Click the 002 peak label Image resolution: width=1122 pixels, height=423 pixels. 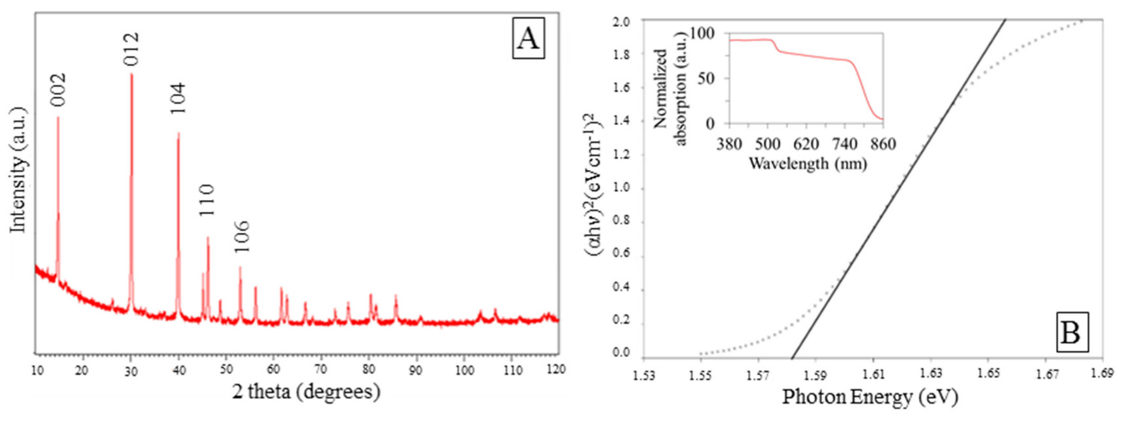coord(58,89)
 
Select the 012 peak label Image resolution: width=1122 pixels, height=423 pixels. coord(131,49)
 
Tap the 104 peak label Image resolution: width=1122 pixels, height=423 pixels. coord(178,99)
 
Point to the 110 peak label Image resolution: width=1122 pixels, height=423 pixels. coord(207,200)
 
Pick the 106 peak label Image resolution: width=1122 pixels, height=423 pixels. coord(241,237)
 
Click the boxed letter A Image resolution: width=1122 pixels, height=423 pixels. coord(528,39)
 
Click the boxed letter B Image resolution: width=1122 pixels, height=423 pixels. coord(1072,332)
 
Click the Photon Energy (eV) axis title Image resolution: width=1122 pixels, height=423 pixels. coord(870,397)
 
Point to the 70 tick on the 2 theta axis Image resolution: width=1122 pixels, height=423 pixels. coord(321,370)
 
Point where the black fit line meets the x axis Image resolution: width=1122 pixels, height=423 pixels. coord(792,358)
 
